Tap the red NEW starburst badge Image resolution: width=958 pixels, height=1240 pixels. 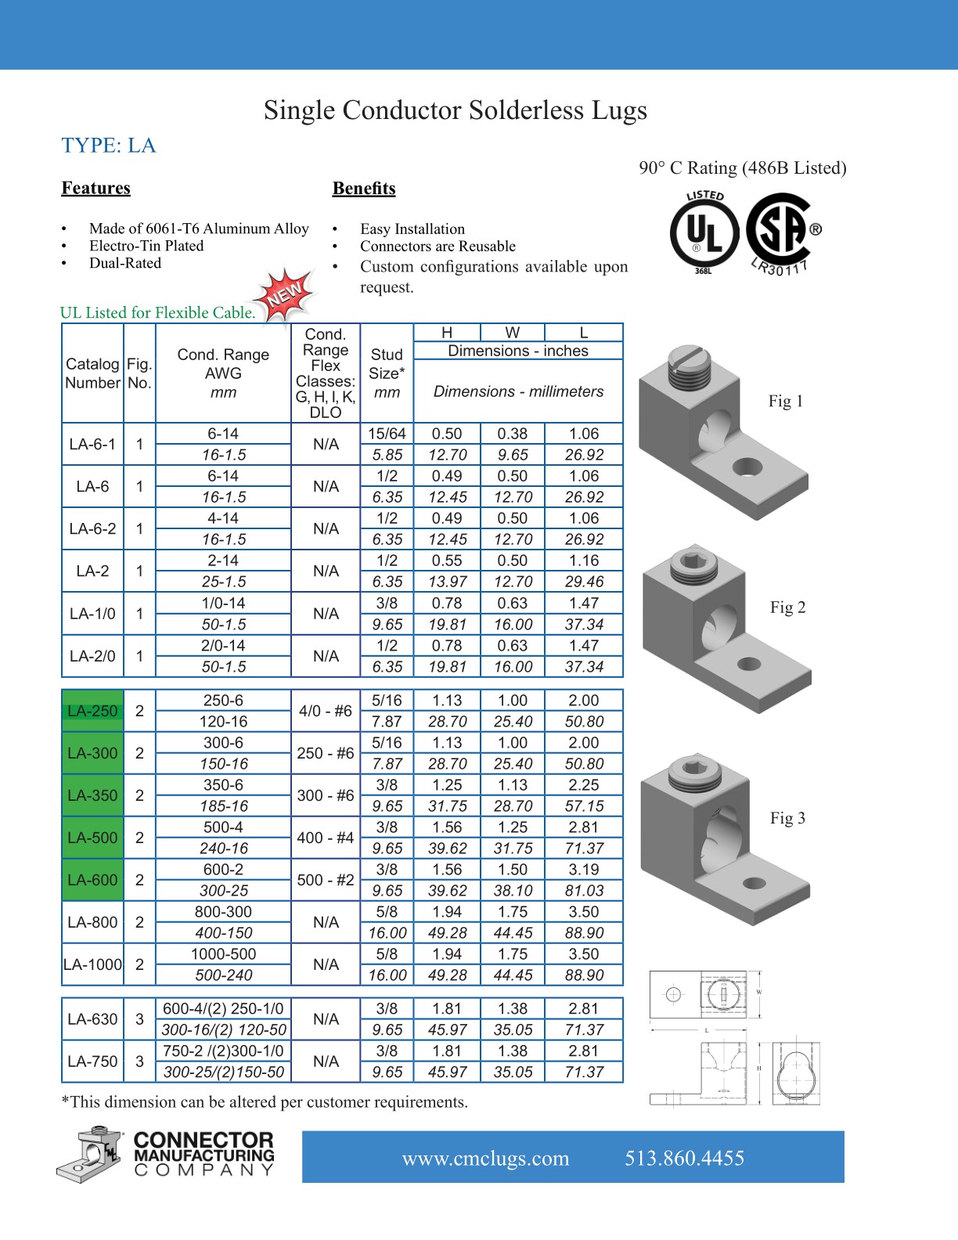(x=286, y=294)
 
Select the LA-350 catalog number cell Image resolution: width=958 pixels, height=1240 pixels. (x=92, y=795)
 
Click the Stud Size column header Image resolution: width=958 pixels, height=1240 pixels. (x=387, y=373)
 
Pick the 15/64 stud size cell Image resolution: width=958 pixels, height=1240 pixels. (x=387, y=434)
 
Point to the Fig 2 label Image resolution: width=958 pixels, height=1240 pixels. (x=787, y=607)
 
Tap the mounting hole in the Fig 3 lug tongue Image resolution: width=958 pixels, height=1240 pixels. (x=754, y=883)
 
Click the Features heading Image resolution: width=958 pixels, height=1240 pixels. (x=96, y=188)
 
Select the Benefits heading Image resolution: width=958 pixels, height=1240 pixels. (x=364, y=189)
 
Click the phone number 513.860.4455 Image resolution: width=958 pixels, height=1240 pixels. (x=684, y=1158)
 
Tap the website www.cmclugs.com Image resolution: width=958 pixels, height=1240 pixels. (x=485, y=1159)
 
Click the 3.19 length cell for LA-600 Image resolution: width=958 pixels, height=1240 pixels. (x=584, y=870)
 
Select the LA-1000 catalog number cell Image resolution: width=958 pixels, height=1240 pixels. (x=92, y=964)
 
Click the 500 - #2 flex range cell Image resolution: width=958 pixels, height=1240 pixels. (x=326, y=880)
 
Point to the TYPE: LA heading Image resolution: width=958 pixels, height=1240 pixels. (x=109, y=146)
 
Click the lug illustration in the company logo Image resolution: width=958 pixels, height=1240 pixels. (x=89, y=1155)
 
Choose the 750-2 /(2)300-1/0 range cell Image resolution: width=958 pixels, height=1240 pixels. (x=223, y=1051)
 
